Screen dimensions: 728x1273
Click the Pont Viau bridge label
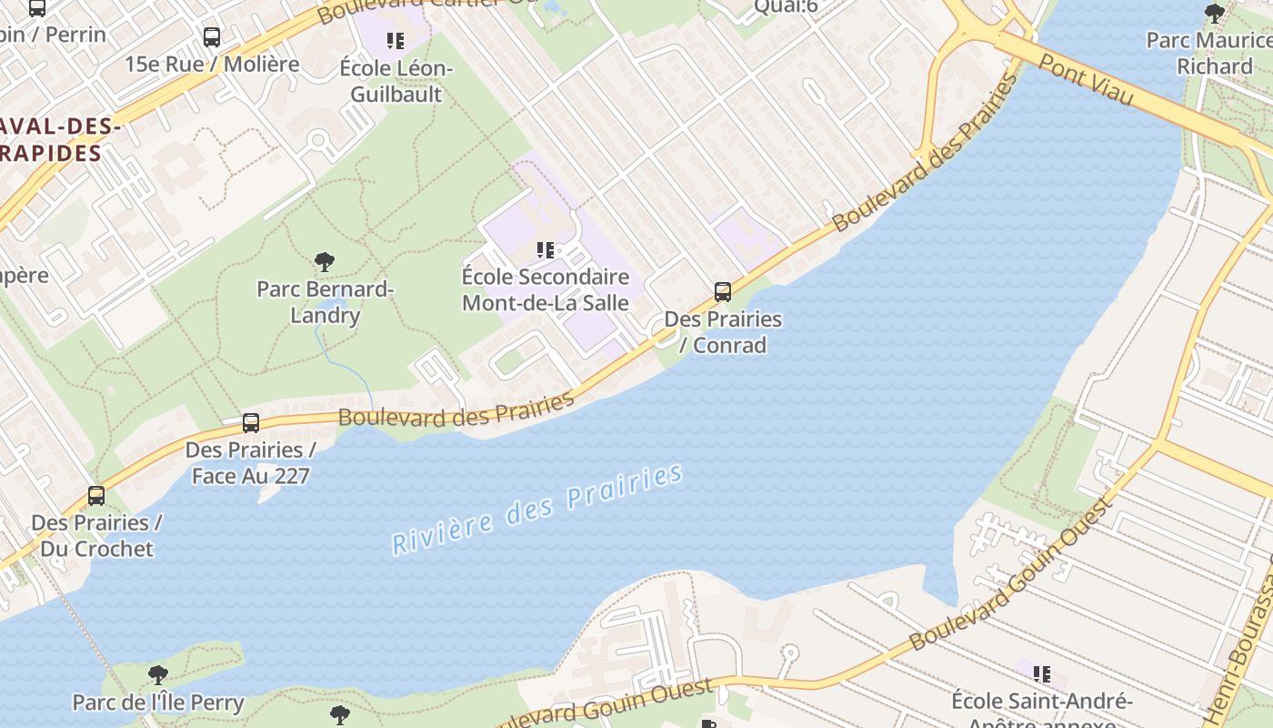[x=1087, y=78]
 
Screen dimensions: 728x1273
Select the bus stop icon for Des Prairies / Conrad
[x=723, y=292]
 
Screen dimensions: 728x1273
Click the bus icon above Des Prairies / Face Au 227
[x=251, y=423]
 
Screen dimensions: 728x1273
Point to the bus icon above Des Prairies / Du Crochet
[x=96, y=496]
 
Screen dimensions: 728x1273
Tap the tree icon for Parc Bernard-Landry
[x=325, y=263]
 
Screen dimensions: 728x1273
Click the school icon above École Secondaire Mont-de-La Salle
[x=546, y=249]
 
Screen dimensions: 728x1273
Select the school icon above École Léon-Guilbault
[x=396, y=40]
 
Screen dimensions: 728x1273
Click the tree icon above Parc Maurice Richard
[x=1215, y=13]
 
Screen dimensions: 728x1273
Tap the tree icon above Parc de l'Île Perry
[x=158, y=675]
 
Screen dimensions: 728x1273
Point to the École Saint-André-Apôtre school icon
[x=1042, y=674]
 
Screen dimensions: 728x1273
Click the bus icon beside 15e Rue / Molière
[x=212, y=37]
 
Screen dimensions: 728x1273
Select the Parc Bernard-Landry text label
[x=325, y=302]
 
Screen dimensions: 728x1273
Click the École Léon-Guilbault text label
[x=396, y=81]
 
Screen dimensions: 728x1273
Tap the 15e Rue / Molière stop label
[x=212, y=64]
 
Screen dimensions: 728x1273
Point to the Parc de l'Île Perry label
[x=158, y=703]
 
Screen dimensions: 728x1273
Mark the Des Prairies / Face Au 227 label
[x=251, y=462]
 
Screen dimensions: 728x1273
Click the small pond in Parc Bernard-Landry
[x=333, y=307]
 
